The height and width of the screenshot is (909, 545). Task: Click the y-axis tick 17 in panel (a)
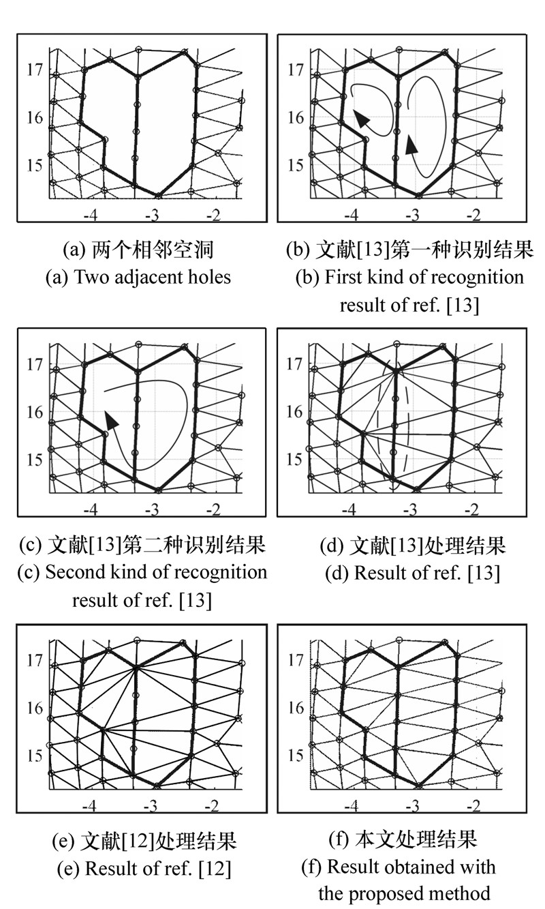[x=35, y=70]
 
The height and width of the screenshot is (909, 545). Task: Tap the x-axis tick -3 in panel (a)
[x=152, y=215]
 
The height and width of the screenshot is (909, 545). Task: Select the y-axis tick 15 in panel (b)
[x=296, y=165]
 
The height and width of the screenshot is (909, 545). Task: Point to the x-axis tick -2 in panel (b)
[x=473, y=215]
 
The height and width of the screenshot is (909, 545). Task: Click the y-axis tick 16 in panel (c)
[x=35, y=413]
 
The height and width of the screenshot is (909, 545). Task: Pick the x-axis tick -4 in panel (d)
[x=349, y=509]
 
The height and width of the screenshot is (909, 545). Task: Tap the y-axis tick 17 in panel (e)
[x=35, y=660]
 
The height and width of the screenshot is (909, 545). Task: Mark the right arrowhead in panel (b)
[x=411, y=145]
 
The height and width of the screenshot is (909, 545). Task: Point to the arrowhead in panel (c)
[x=111, y=419]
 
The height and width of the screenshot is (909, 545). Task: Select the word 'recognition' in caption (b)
[x=477, y=278]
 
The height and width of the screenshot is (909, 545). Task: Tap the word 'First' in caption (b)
[x=344, y=277]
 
